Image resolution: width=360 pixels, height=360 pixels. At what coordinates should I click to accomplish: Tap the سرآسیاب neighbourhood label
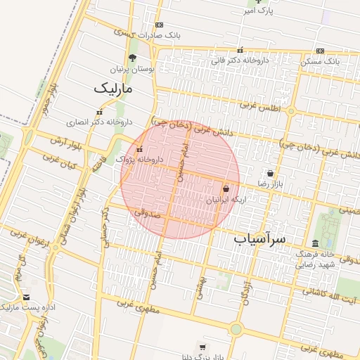260,239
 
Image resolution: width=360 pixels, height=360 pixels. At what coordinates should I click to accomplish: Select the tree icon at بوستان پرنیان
132,58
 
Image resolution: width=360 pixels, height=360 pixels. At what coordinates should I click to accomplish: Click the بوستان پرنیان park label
132,70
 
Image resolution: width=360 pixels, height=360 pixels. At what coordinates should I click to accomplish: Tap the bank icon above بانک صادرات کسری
159,25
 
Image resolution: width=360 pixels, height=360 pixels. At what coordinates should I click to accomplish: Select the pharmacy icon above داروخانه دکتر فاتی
240,51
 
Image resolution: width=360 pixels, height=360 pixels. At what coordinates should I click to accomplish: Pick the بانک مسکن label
321,61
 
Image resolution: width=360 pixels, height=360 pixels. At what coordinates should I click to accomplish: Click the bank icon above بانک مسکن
321,51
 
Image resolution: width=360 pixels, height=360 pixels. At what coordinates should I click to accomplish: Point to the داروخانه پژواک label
140,159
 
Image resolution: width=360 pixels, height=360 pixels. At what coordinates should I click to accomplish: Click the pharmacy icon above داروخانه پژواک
139,149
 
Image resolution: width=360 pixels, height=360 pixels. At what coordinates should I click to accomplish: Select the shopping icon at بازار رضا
271,173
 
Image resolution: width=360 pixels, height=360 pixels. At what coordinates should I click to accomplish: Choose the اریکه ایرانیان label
227,200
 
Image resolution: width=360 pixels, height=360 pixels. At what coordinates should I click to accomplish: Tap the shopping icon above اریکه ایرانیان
226,189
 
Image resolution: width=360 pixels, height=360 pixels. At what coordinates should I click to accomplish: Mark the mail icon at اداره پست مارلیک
27,297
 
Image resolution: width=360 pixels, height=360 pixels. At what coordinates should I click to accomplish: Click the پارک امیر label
257,11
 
